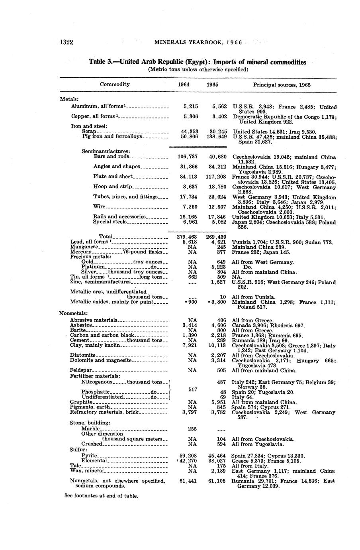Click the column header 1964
(x=183, y=85)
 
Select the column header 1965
(x=212, y=85)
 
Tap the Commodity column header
(x=115, y=84)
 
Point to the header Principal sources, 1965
(x=282, y=85)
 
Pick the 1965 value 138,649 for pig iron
(x=217, y=136)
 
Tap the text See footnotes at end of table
(x=101, y=496)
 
